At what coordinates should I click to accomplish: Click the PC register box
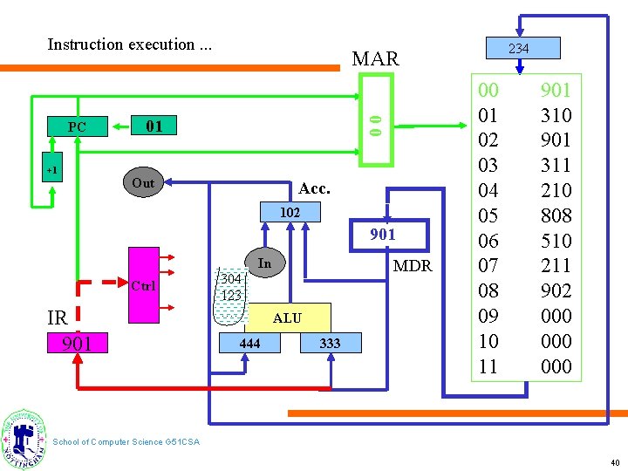[x=78, y=127]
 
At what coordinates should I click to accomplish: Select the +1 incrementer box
[x=52, y=170]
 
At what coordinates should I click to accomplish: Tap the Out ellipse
[x=143, y=183]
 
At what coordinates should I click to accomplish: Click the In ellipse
[x=265, y=264]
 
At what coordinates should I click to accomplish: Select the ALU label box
[x=287, y=318]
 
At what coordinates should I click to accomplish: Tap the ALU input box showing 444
[x=249, y=344]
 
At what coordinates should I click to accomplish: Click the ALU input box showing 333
[x=330, y=344]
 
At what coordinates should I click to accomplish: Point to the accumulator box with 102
[x=290, y=212]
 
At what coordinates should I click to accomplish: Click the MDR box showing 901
[x=382, y=234]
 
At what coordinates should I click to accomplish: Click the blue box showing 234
[x=518, y=48]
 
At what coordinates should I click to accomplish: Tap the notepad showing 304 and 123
[x=231, y=287]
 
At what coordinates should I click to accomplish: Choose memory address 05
[x=488, y=215]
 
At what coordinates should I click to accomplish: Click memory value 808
[x=556, y=215]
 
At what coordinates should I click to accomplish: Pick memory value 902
[x=556, y=290]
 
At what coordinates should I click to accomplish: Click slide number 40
[x=615, y=461]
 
